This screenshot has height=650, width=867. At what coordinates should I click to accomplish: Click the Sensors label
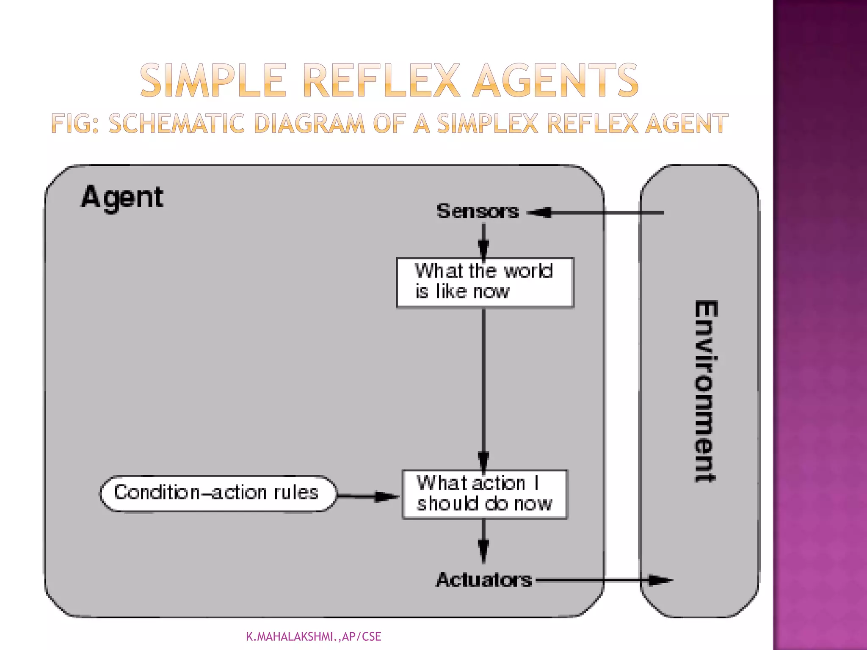click(478, 211)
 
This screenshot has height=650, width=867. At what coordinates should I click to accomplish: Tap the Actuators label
click(484, 580)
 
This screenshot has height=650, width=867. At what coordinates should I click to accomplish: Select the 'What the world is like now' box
click(485, 282)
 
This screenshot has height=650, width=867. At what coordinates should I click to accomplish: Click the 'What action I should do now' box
click(485, 494)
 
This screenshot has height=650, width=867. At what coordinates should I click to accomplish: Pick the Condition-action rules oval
click(218, 493)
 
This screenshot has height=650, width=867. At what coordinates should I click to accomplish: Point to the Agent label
click(122, 198)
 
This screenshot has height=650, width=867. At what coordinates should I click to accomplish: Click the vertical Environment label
click(705, 391)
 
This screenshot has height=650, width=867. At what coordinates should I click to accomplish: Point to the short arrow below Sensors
click(483, 240)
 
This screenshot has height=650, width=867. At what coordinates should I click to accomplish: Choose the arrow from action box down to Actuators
click(483, 541)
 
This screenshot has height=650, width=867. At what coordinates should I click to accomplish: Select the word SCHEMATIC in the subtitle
click(177, 124)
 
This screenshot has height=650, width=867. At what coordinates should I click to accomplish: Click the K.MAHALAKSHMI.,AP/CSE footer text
click(314, 636)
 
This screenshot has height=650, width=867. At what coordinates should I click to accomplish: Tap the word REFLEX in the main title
click(381, 80)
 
